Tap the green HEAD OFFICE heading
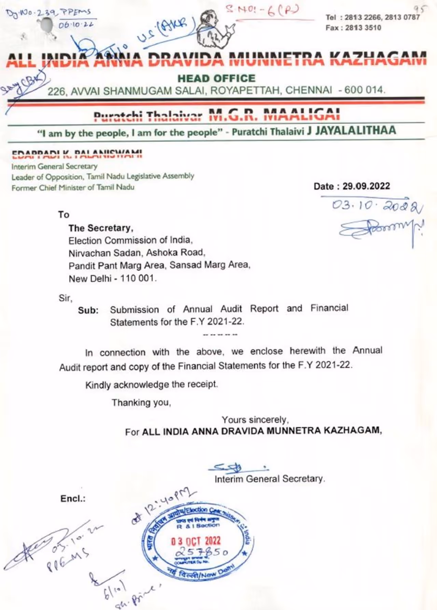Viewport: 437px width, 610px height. [x=216, y=79]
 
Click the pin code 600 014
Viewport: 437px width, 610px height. [x=364, y=90]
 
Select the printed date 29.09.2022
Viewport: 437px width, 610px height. [x=366, y=186]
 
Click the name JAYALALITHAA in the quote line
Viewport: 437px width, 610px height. [x=355, y=130]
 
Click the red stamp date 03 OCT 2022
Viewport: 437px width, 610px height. [x=196, y=541]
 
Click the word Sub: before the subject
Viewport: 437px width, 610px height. [x=88, y=310]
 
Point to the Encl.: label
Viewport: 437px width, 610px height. [x=73, y=499]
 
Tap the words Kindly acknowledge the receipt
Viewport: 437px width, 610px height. [x=151, y=385]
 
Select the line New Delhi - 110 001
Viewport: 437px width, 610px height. [x=113, y=279]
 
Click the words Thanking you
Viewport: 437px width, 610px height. [x=141, y=403]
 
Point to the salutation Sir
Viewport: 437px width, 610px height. [x=65, y=298]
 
